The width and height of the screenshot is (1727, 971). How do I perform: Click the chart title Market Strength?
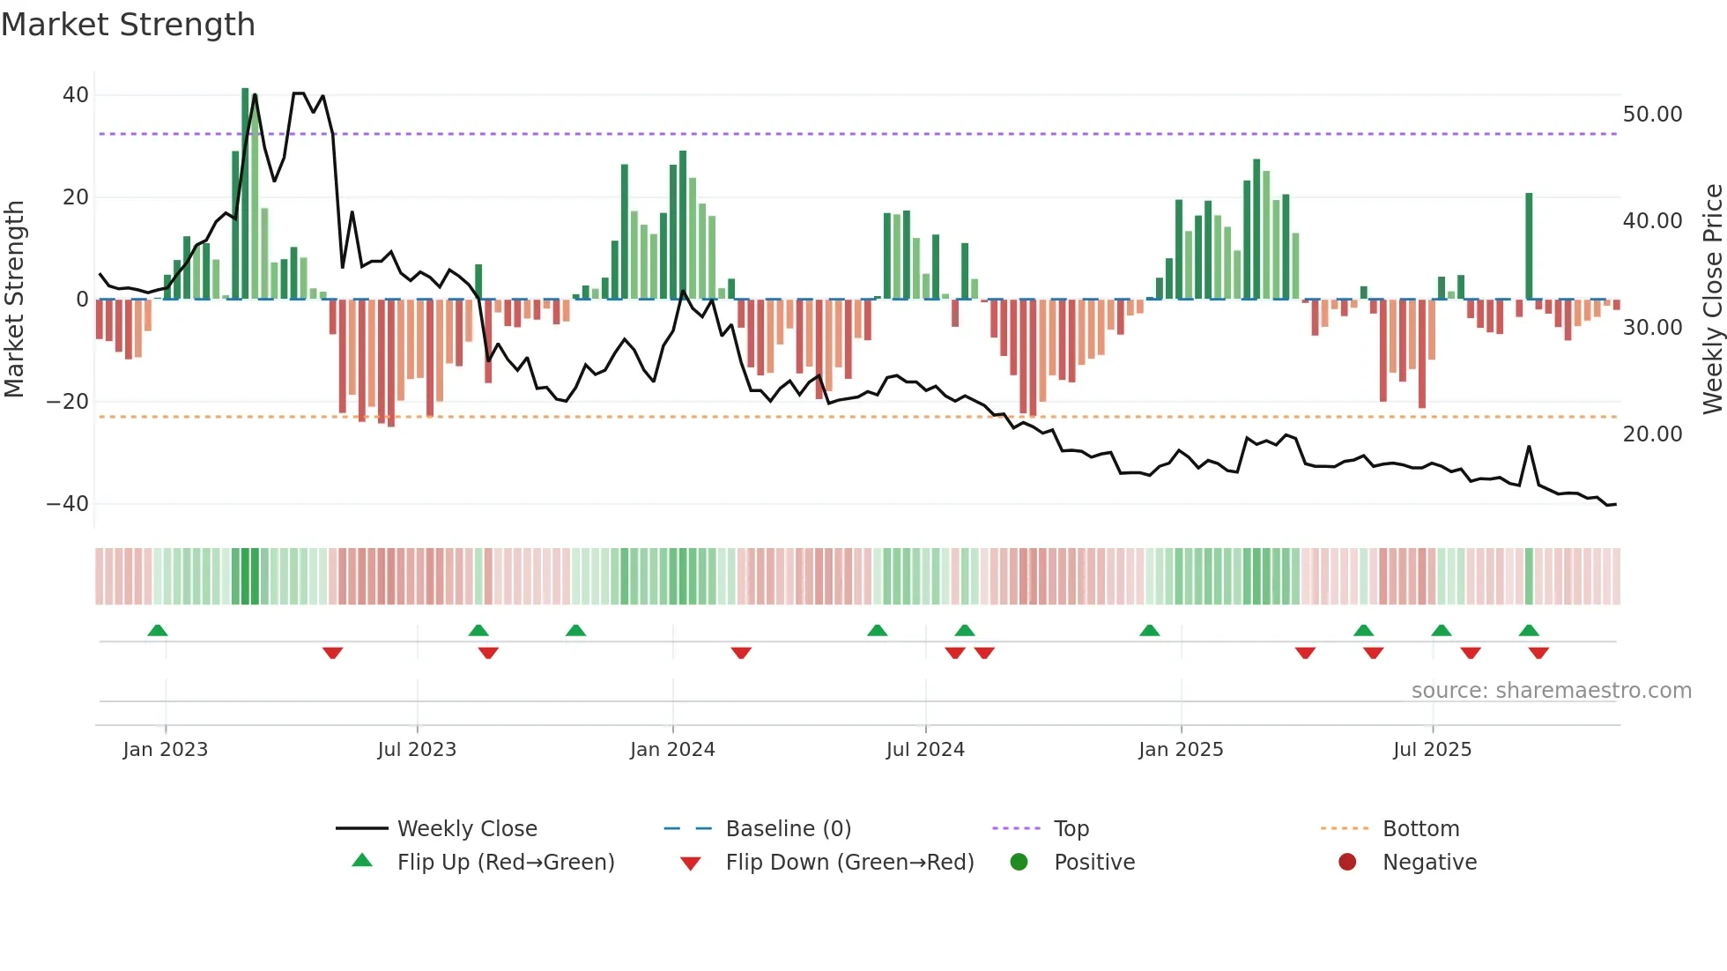pos(128,25)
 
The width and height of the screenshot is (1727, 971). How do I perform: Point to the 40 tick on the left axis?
pos(76,95)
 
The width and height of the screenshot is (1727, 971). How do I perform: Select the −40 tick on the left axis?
pos(68,504)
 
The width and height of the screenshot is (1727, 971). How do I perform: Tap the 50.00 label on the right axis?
pos(1652,115)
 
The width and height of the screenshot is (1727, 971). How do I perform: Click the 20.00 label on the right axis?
pos(1652,434)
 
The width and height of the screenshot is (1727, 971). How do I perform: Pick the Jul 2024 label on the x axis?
pos(925,750)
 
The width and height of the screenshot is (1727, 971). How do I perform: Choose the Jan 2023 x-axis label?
pos(166,750)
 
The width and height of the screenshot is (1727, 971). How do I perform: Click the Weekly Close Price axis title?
pos(1712,300)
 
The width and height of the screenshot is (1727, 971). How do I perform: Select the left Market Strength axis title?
pos(14,300)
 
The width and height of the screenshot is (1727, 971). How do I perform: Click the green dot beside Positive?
pos(1019,863)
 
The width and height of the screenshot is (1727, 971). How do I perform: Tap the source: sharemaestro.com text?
pos(1551,691)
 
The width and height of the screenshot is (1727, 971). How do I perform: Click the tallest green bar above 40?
pos(245,194)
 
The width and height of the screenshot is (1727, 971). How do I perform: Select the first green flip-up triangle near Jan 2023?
pos(158,630)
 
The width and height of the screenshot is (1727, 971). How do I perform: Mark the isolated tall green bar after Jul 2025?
pos(1529,247)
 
